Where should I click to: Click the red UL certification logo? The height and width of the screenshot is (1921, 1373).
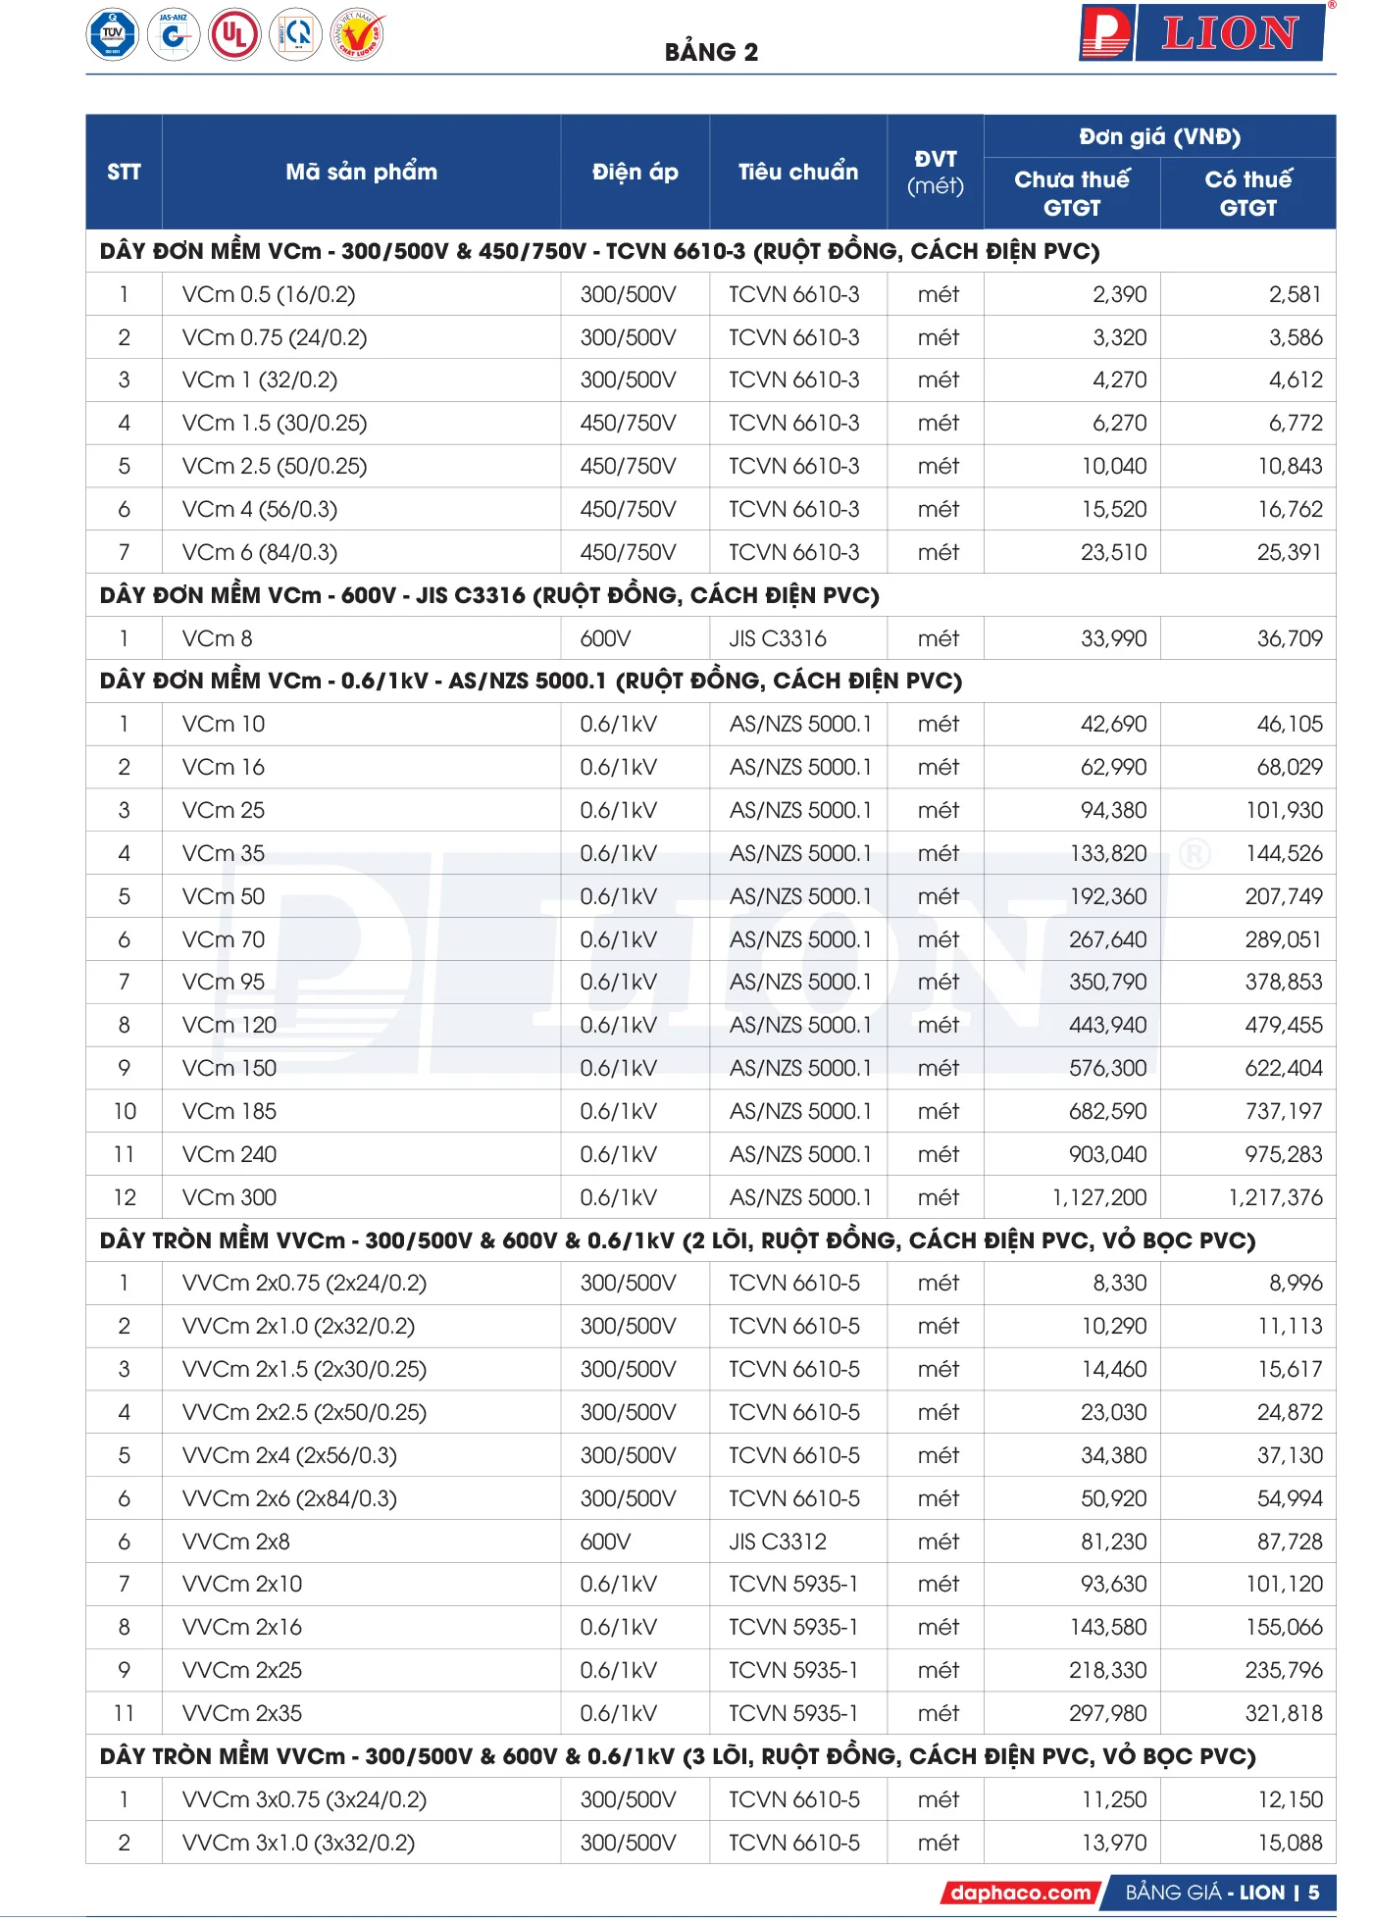234,34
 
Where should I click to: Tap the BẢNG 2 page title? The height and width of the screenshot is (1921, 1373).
711,52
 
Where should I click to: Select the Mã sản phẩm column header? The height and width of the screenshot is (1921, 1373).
361,172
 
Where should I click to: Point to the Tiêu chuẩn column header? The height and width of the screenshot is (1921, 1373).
797,172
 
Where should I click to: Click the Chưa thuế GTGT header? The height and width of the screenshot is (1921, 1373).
1071,193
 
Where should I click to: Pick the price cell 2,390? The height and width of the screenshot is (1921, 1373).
1119,294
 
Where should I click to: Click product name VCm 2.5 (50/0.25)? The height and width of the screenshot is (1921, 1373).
275,466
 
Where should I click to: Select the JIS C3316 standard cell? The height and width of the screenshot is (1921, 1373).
777,638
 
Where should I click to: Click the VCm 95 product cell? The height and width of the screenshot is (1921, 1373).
224,982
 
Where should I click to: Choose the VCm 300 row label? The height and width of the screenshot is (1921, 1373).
229,1197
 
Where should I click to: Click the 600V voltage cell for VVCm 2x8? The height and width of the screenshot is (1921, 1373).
605,1542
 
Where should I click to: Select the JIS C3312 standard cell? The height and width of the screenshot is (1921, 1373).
777,1542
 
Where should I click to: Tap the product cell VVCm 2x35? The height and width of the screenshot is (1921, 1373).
242,1713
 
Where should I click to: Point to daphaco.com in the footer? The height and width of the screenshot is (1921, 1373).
1020,1893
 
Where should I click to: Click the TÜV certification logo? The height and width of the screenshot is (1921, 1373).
112,34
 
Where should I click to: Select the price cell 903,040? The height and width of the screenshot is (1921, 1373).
1107,1154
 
